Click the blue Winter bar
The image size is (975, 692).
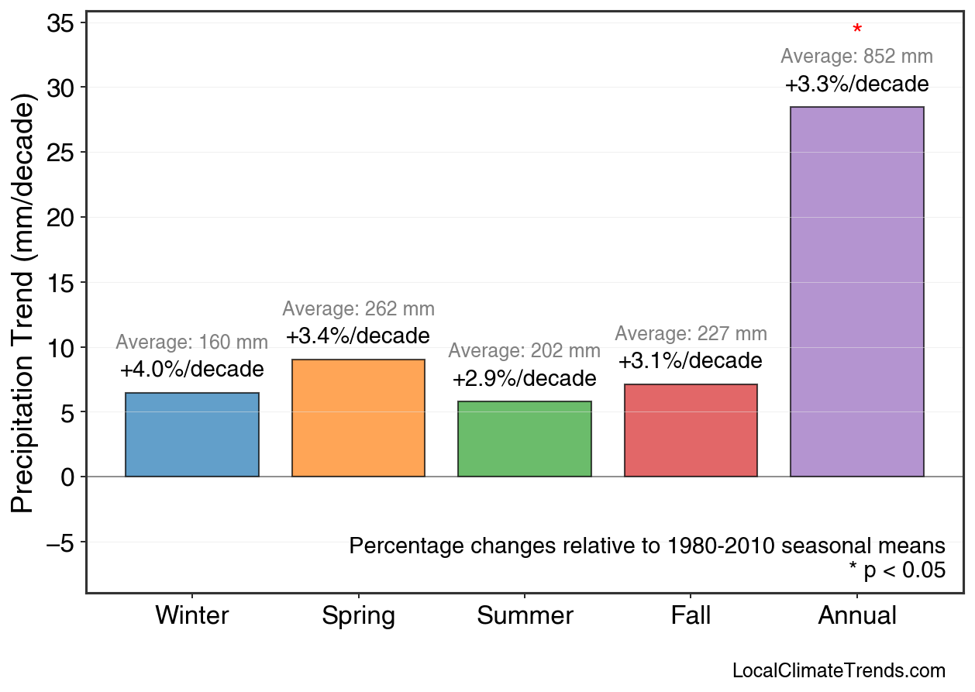click(x=192, y=435)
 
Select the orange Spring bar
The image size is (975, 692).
click(x=358, y=418)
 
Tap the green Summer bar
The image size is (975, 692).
click(x=525, y=439)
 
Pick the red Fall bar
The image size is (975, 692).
click(x=691, y=430)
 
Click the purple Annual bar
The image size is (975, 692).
click(x=856, y=291)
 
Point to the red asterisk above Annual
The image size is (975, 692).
click(x=857, y=30)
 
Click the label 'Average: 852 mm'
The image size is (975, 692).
click(x=856, y=57)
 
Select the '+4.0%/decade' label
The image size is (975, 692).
click(x=192, y=370)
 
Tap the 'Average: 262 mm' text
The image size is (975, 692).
click(x=358, y=309)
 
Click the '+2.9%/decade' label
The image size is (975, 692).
click(x=525, y=379)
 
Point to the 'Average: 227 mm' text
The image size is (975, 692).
click(x=691, y=334)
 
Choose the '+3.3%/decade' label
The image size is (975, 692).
click(x=856, y=84)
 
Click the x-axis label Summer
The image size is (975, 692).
click(x=525, y=616)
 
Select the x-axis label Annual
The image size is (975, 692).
click(x=857, y=616)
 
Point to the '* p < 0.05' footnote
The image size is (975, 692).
click(x=897, y=571)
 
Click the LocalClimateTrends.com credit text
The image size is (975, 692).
click(x=839, y=671)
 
